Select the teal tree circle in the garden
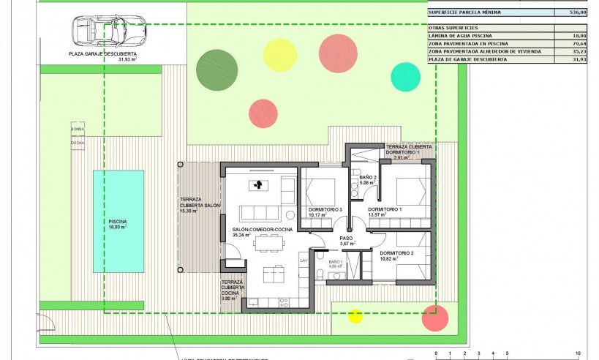pyautogui.click(x=406, y=76)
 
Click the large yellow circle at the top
pyautogui.click(x=279, y=55)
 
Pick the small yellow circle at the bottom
pyautogui.click(x=355, y=316)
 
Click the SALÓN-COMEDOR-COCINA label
pyautogui.click(x=263, y=230)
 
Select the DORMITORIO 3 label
pyautogui.click(x=325, y=210)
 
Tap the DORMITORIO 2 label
pyautogui.click(x=397, y=253)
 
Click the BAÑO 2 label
pyautogui.click(x=368, y=177)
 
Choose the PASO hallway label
pyautogui.click(x=347, y=239)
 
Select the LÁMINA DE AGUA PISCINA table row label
pyautogui.click(x=460, y=35)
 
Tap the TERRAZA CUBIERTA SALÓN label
pyautogui.click(x=200, y=203)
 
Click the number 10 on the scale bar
pyautogui.click(x=579, y=353)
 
